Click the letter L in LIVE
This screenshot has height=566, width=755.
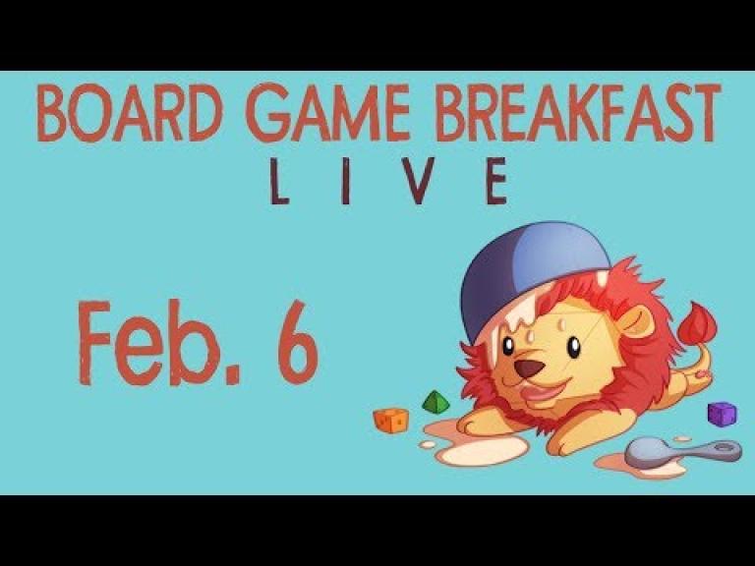(x=279, y=181)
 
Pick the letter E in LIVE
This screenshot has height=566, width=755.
(x=496, y=181)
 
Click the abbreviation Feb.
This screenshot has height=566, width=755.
(x=159, y=342)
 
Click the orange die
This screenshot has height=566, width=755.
(x=390, y=421)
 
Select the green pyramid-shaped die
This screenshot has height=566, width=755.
(x=436, y=402)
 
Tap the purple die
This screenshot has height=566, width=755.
(x=722, y=414)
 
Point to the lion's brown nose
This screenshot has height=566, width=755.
(x=529, y=368)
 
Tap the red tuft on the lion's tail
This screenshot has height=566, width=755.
(x=696, y=322)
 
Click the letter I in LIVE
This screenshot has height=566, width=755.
(x=345, y=181)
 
